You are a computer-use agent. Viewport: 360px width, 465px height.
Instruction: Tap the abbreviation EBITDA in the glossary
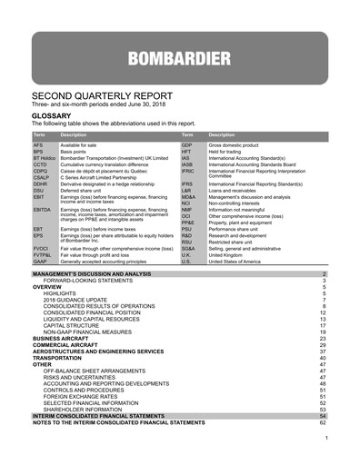[x=43, y=210]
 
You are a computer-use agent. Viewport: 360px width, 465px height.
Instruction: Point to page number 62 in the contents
[x=323, y=422]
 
